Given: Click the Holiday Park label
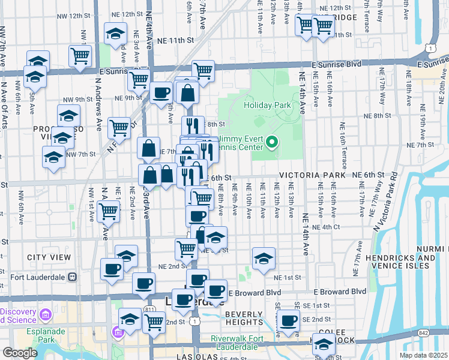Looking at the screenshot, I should click(268, 105).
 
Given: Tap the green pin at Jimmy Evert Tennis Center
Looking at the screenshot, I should click(272, 142).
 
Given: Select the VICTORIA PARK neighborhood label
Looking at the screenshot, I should click(312, 175).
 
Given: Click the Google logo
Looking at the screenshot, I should click(19, 353).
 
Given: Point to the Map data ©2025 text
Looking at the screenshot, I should click(423, 355).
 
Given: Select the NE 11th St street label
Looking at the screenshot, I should click(175, 40).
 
